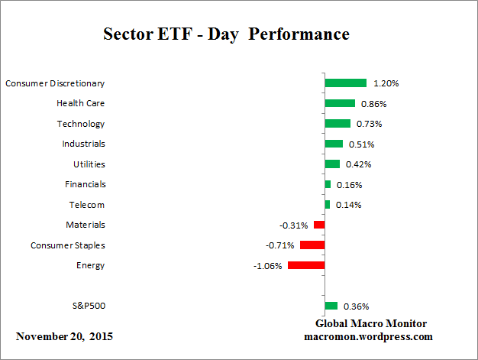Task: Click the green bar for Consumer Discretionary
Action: [345, 83]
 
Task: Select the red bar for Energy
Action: [306, 265]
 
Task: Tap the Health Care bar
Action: [340, 103]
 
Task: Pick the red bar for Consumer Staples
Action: [312, 245]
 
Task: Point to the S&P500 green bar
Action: [331, 306]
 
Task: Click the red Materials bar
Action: [319, 225]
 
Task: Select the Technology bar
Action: [338, 123]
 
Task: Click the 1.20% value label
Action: [386, 83]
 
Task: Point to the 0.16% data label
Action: [349, 185]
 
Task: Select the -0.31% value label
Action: [294, 225]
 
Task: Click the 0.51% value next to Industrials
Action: [361, 144]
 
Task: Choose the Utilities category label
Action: [89, 164]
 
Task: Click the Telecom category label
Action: [87, 205]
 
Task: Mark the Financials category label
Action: [85, 184]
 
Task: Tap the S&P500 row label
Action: [88, 306]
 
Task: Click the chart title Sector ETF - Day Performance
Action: [226, 35]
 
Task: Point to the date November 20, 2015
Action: [66, 336]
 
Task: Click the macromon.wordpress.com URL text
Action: [370, 336]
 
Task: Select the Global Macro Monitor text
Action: [370, 323]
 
